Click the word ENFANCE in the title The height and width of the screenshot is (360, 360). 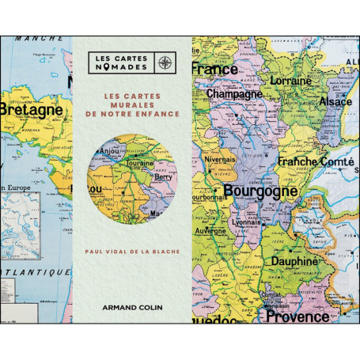pyautogui.click(x=159, y=115)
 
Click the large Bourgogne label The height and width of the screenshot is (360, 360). pyautogui.click(x=261, y=191)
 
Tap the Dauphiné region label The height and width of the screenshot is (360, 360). pyautogui.click(x=297, y=260)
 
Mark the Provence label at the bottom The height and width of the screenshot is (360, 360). pyautogui.click(x=297, y=317)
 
